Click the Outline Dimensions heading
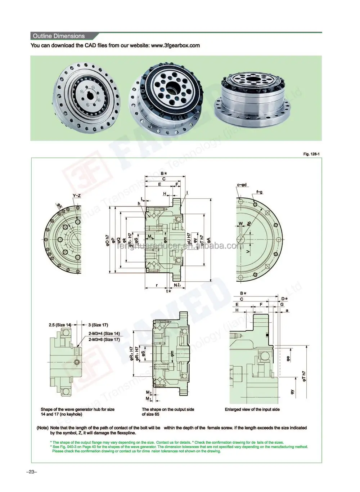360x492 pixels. (x=59, y=36)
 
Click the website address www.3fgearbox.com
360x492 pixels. (x=175, y=45)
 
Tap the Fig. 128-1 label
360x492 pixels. (x=311, y=154)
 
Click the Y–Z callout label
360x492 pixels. (x=76, y=196)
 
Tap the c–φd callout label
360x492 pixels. (x=242, y=185)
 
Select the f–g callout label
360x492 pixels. (x=259, y=192)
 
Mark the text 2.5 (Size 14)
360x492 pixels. (x=60, y=325)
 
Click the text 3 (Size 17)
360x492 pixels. (x=98, y=325)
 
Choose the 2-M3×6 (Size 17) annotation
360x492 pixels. (x=104, y=339)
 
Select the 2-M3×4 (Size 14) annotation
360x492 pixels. (x=104, y=334)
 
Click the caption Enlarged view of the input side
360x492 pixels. (x=252, y=409)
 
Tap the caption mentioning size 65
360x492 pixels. (x=168, y=412)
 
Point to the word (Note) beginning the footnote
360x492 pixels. (x=42, y=428)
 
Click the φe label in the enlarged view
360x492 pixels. (x=288, y=358)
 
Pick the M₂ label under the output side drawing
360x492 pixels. (x=148, y=392)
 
